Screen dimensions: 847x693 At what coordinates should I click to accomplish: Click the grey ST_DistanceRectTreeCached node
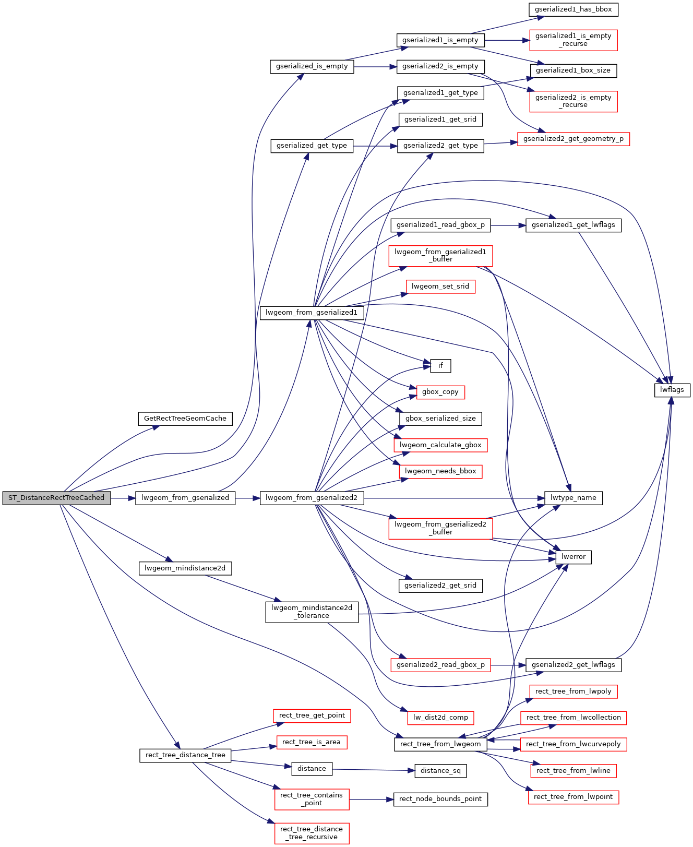(56, 498)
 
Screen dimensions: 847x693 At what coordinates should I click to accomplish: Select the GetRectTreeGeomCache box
(185, 419)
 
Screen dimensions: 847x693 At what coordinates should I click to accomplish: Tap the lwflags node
(672, 390)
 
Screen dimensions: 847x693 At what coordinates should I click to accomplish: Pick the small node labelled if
(440, 366)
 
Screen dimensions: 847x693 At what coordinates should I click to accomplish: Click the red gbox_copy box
(440, 392)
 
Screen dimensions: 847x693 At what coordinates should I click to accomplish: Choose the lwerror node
(573, 557)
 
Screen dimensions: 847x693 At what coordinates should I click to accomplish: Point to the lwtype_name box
(573, 498)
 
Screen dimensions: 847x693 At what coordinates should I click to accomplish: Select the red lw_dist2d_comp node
(440, 718)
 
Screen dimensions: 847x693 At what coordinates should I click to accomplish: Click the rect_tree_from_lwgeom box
(440, 744)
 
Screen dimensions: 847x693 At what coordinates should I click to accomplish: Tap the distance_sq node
(440, 771)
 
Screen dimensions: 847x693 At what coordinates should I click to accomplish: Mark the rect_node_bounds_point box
(440, 799)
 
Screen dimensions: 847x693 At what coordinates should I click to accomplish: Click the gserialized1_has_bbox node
(573, 9)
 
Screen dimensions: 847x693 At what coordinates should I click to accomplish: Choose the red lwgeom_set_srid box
(440, 287)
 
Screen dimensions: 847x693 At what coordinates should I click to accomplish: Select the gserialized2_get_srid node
(440, 586)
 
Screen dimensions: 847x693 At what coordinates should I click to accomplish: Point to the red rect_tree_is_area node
(312, 742)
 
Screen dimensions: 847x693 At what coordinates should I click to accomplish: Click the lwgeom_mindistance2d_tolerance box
(312, 612)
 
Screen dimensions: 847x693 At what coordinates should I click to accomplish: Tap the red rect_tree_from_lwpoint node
(573, 797)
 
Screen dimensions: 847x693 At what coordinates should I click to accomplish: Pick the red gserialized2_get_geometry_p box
(573, 139)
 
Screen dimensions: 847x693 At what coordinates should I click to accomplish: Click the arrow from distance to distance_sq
(373, 770)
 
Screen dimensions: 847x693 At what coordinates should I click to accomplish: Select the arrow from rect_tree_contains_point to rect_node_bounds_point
(371, 799)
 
